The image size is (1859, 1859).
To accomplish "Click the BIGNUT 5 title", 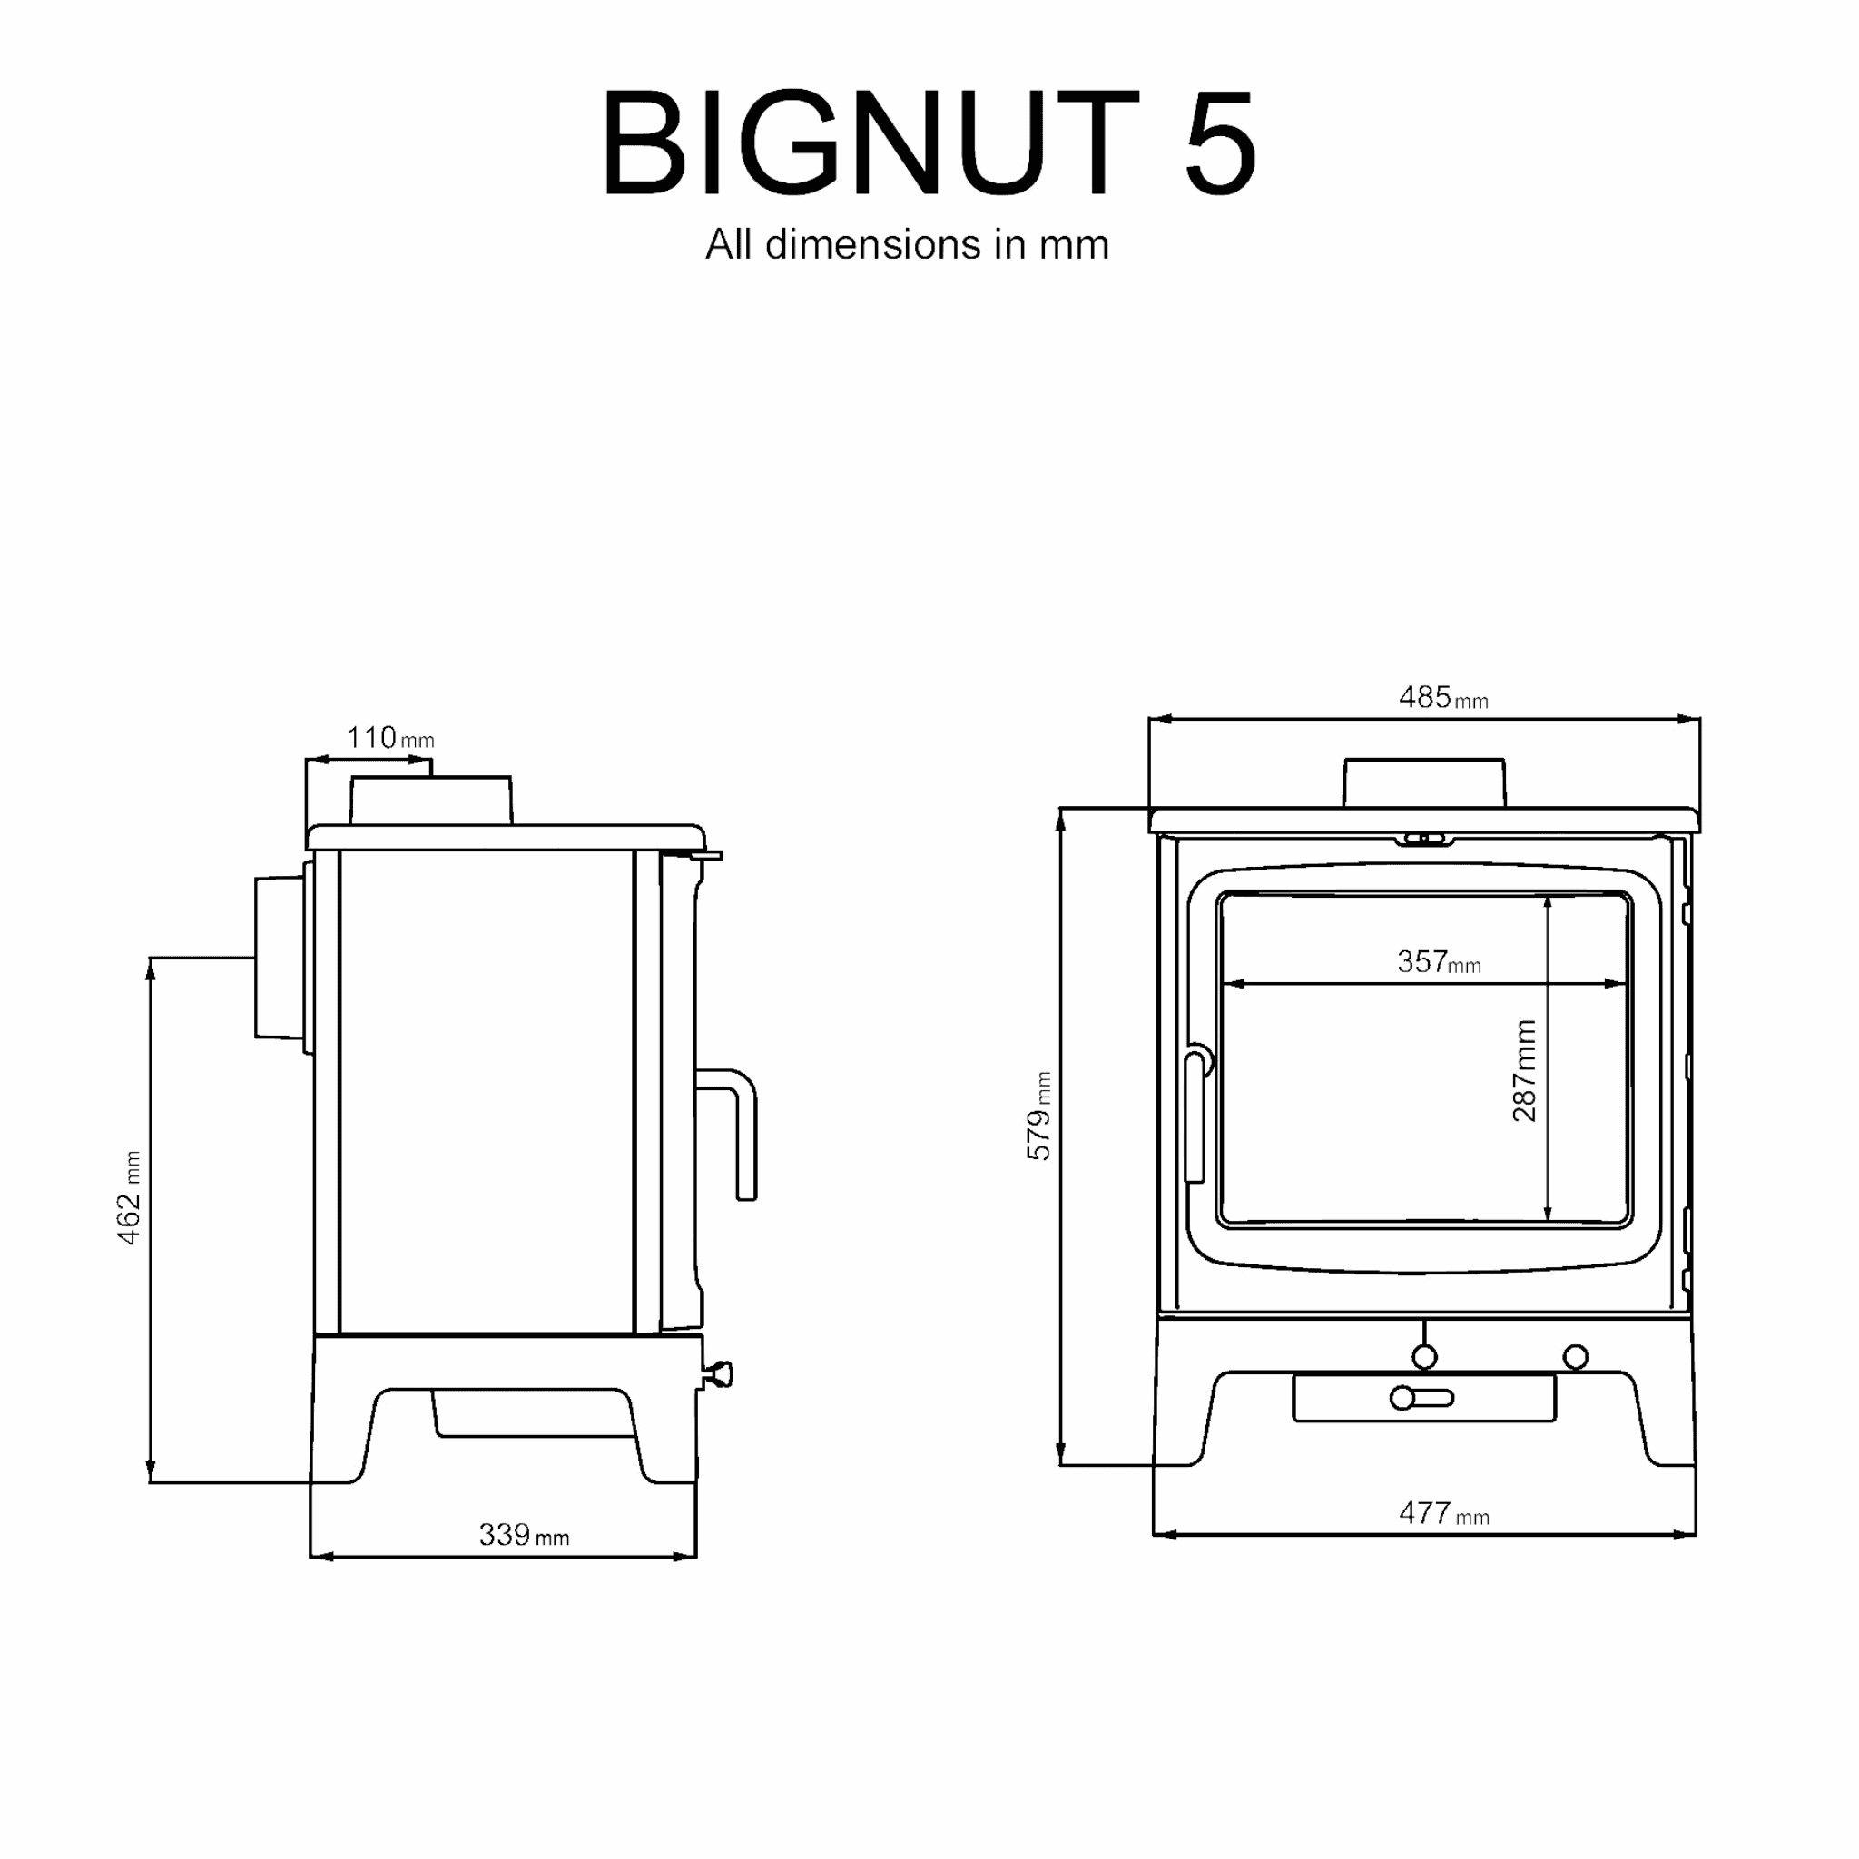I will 929,142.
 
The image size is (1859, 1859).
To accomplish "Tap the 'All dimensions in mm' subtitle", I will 907,244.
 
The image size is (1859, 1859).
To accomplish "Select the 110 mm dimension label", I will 389,738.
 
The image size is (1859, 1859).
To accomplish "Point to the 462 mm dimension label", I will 129,1197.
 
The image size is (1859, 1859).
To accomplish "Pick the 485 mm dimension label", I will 1442,698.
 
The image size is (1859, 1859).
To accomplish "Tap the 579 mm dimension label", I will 1039,1116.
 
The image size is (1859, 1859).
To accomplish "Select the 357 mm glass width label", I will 1439,961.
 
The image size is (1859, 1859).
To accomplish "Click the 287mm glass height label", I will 1524,1070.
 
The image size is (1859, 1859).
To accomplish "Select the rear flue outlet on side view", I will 279,957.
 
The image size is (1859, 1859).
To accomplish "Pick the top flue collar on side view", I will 431,800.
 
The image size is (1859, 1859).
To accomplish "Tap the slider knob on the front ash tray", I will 1403,1398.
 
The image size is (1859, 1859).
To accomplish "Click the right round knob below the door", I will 1575,1357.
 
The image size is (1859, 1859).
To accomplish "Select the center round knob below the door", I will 1424,1357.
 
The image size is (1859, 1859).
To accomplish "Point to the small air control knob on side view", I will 719,1374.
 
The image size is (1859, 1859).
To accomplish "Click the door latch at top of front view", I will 1424,839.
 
